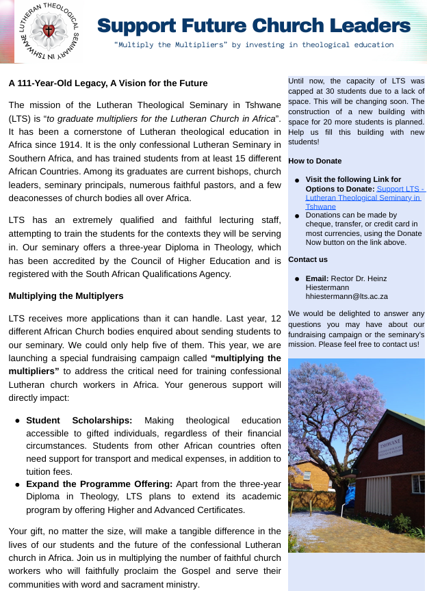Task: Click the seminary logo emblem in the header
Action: (48, 31)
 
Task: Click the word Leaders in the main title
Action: (370, 26)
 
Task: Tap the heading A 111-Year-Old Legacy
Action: (108, 83)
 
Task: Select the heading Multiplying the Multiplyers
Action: (66, 296)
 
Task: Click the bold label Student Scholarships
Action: (79, 420)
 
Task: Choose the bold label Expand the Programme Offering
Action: (99, 484)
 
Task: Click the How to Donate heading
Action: (315, 161)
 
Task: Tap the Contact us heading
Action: (308, 259)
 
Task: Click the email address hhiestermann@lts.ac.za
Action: (346, 297)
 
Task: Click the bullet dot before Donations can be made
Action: (297, 215)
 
